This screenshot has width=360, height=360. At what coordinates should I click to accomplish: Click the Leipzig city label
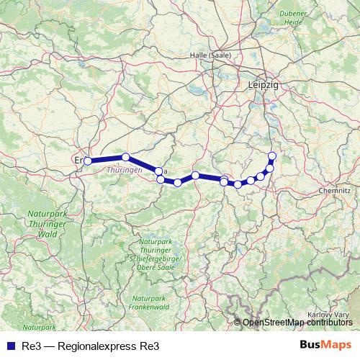pyautogui.click(x=262, y=84)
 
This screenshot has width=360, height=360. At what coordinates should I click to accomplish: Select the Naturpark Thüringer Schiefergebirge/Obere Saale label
pyautogui.click(x=158, y=253)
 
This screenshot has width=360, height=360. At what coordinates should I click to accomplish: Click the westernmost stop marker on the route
pyautogui.click(x=87, y=161)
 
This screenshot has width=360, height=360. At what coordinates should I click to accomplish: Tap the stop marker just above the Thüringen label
pyautogui.click(x=125, y=157)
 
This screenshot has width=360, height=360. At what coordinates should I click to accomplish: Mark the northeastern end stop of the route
pyautogui.click(x=271, y=156)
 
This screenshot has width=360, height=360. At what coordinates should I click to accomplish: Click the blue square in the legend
pyautogui.click(x=9, y=345)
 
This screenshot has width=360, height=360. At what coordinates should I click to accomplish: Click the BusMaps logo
pyautogui.click(x=325, y=344)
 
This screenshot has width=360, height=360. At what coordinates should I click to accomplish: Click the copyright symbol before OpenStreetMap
pyautogui.click(x=238, y=322)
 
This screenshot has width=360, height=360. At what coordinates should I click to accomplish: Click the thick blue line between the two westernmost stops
pyautogui.click(x=106, y=158)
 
